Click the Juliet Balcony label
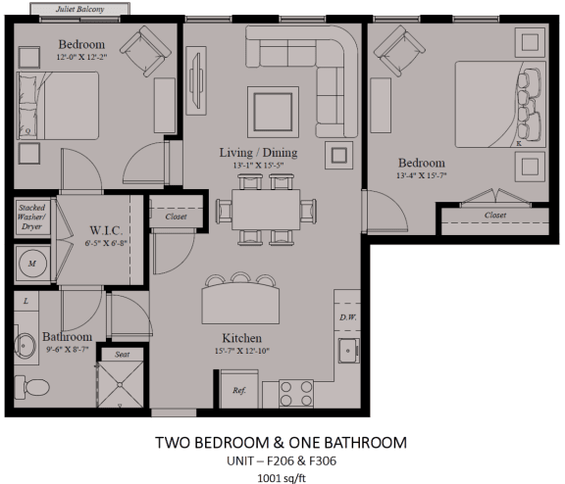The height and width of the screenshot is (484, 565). point(79,9)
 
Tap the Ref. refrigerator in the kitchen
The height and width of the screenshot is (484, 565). point(239,389)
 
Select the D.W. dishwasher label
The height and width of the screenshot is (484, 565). point(347,317)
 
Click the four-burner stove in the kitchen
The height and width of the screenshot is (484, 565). point(296,394)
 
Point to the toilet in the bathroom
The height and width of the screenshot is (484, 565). point(31,387)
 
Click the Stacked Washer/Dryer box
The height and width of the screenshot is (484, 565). point(32,217)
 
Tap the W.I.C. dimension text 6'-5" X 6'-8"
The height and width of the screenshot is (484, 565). point(106,243)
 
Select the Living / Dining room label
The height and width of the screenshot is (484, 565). point(258,152)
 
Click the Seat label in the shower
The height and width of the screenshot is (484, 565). point(123,355)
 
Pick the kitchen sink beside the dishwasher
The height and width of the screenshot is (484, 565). point(348,351)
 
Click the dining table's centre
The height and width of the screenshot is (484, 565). point(266,210)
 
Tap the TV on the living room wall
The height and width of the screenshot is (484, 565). point(196,80)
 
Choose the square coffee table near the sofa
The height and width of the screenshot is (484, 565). point(273,112)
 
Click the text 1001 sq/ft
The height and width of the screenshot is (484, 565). point(282,478)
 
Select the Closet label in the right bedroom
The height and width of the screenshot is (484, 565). point(495,215)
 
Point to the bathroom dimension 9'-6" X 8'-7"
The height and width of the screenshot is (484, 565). point(68,349)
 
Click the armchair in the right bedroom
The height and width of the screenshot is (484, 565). point(399,51)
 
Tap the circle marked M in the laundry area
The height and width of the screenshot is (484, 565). point(32,263)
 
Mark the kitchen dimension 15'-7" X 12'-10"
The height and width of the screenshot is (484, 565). point(242,351)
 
